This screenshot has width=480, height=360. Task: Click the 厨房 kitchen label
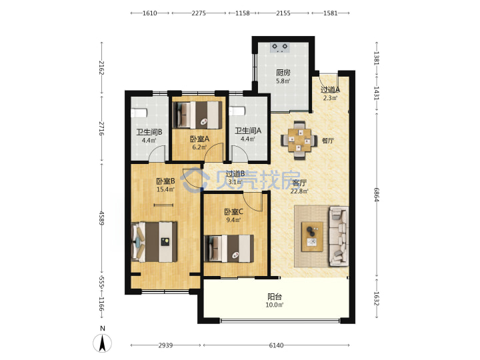(283, 73)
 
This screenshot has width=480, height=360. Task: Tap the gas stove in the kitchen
(280, 47)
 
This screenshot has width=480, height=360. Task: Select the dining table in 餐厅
(299, 140)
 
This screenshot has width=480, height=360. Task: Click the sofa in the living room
(339, 236)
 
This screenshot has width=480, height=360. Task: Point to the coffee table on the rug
(312, 237)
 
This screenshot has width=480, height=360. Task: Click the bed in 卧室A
(197, 115)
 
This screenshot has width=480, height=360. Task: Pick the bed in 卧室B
(154, 242)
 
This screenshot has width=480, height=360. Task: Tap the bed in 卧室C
(229, 249)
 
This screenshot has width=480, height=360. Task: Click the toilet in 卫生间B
(139, 113)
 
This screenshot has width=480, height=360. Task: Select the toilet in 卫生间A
(237, 111)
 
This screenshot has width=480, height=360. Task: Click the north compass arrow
(102, 343)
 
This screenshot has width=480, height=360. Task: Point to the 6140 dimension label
(276, 345)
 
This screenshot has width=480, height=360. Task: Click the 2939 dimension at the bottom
(165, 345)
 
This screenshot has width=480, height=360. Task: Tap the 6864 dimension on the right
(377, 195)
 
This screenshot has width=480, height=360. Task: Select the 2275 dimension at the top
(199, 13)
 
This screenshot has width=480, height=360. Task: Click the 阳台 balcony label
(275, 297)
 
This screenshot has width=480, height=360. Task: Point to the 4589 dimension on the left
(102, 218)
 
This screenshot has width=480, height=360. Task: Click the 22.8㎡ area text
(299, 191)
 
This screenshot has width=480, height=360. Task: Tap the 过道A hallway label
(330, 90)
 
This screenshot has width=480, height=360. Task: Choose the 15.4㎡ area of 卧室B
(165, 189)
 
